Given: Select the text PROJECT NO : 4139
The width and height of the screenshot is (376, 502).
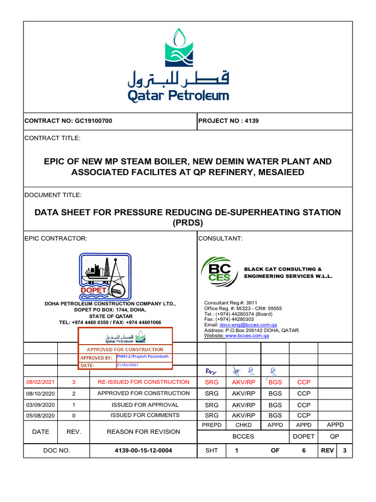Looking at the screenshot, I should tap(228, 121).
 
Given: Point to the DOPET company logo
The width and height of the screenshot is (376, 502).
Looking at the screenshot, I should tap(105, 276).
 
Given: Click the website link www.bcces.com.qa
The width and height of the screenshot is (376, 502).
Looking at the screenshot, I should tap(247, 336).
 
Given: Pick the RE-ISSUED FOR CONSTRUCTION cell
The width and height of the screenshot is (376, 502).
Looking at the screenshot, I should tap(143, 382).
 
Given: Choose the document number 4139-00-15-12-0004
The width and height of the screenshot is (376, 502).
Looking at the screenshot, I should tap(143, 450).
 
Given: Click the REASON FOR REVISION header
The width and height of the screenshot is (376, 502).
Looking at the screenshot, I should tap(143, 432).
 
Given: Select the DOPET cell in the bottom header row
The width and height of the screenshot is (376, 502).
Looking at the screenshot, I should tap(304, 436).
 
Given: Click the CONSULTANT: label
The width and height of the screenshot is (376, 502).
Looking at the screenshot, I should tap(218, 238).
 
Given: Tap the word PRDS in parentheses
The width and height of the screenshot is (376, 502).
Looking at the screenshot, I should tap(188, 223).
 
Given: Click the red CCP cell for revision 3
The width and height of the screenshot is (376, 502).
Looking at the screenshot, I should tap(304, 382).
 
